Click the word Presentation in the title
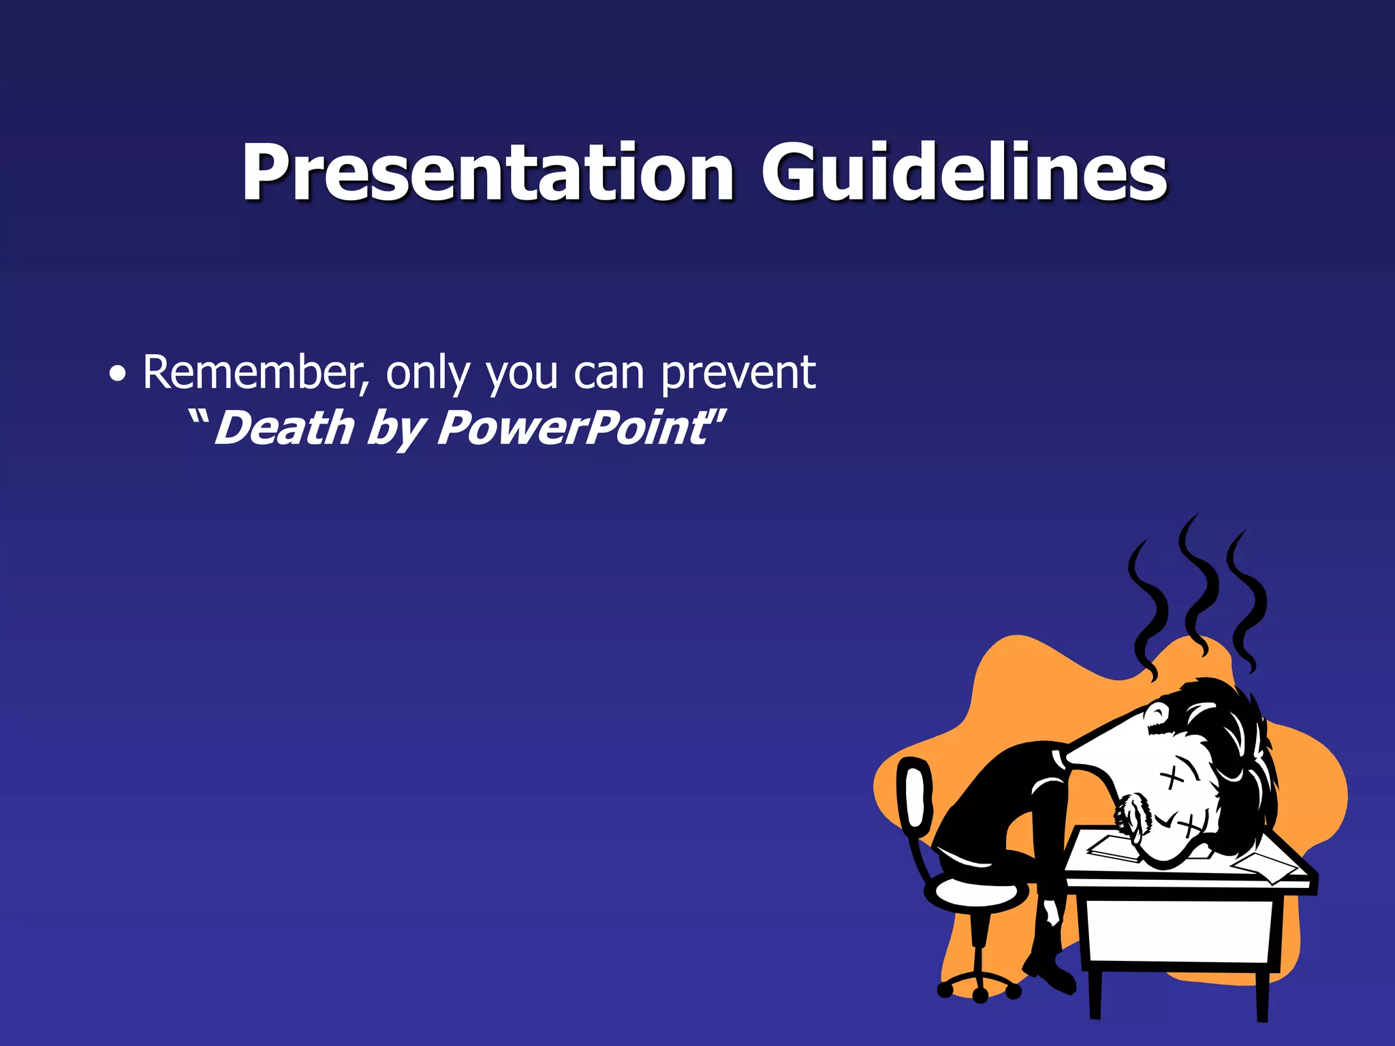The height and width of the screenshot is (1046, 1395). click(488, 174)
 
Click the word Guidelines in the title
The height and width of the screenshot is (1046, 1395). click(963, 174)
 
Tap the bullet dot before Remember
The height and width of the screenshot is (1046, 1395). click(118, 375)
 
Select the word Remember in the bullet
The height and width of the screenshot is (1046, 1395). click(256, 373)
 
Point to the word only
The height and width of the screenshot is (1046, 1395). click(428, 373)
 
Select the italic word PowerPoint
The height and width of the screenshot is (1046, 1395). click(572, 429)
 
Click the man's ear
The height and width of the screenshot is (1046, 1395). click(1157, 715)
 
